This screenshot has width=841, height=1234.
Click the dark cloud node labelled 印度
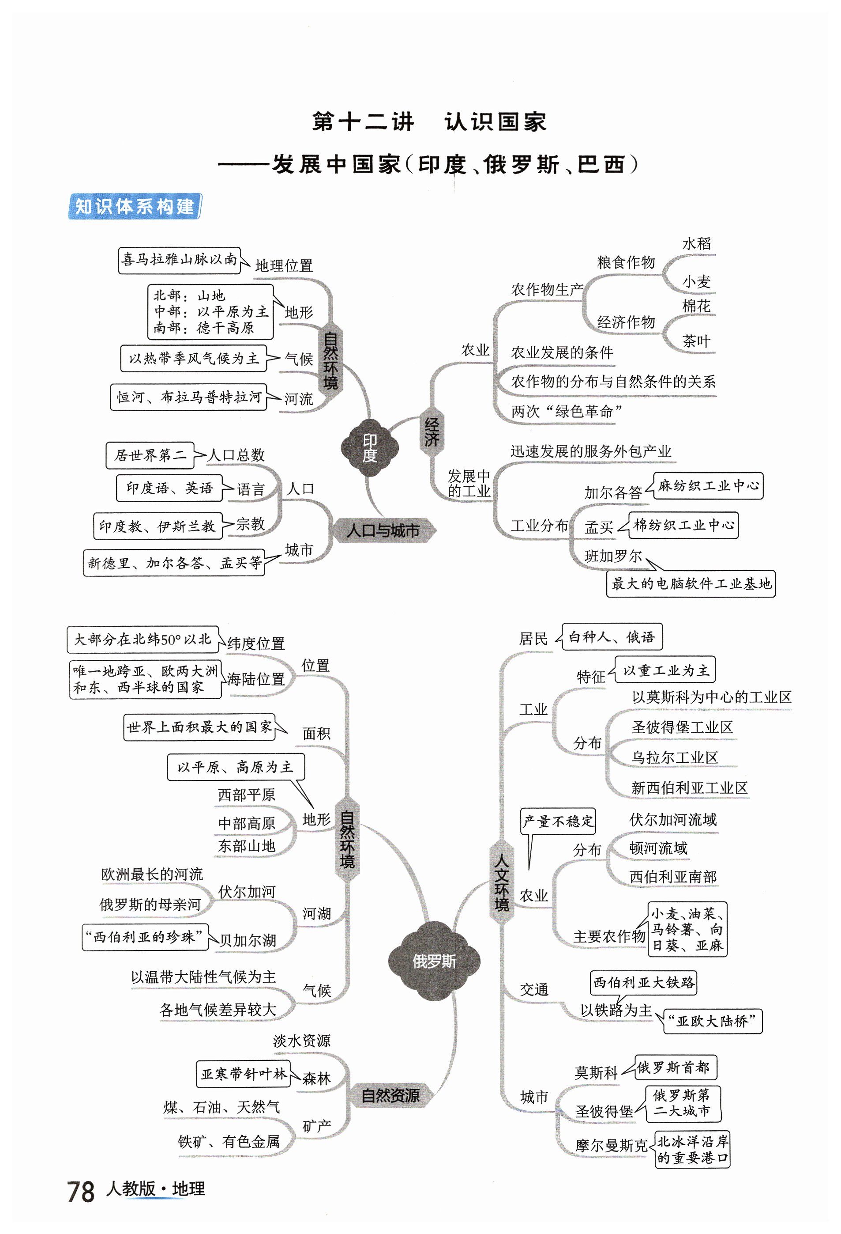[370, 447]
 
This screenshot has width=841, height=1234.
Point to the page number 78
[81, 1191]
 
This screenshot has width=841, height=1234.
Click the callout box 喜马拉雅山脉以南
[179, 260]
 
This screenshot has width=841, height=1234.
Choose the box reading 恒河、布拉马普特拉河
[188, 397]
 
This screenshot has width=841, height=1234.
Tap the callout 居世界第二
[150, 455]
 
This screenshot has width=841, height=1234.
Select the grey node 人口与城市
[383, 530]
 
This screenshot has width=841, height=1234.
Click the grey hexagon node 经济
[432, 431]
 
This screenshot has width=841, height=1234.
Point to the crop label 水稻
[696, 244]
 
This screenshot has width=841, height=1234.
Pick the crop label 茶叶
[696, 341]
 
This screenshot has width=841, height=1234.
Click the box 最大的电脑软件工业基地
[690, 583]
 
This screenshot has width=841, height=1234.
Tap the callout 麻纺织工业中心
[708, 485]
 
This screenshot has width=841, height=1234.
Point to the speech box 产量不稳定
[558, 821]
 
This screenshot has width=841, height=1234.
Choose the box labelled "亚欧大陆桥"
[712, 1021]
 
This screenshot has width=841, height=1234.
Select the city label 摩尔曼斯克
[611, 1145]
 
